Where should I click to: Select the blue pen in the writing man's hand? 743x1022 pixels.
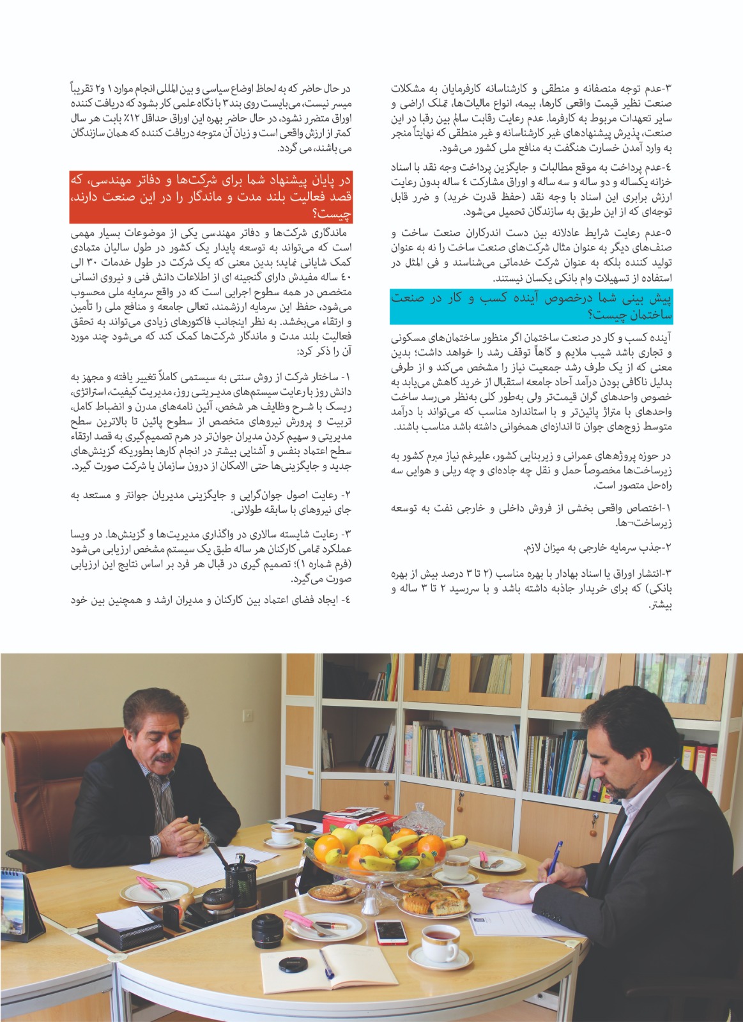554,853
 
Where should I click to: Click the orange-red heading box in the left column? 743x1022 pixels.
211,195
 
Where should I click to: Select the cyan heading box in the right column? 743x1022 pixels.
532,306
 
